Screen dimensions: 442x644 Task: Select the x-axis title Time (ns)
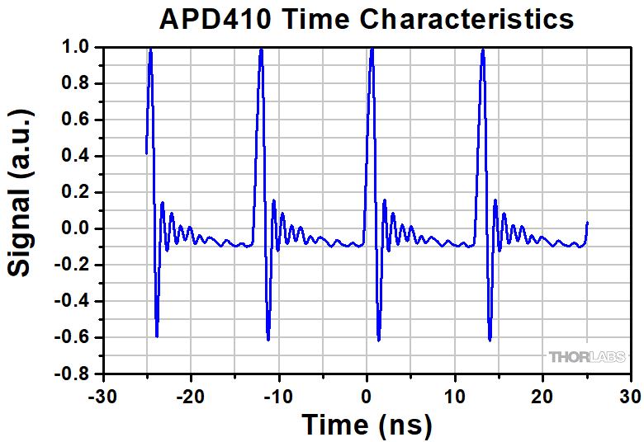click(x=367, y=425)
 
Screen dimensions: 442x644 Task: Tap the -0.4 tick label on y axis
click(x=75, y=302)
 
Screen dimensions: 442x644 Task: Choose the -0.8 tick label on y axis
click(x=75, y=374)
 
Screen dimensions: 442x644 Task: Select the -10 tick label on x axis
click(x=277, y=396)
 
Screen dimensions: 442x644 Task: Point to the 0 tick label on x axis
click(x=367, y=396)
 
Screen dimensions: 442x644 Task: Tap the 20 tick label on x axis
click(x=542, y=396)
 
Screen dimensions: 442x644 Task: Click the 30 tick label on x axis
click(x=631, y=396)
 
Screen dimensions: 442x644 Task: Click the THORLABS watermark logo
click(x=586, y=357)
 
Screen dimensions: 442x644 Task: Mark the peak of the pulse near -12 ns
click(x=261, y=49)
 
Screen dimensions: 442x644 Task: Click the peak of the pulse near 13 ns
click(x=482, y=50)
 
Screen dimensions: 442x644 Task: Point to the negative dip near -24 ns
click(x=157, y=335)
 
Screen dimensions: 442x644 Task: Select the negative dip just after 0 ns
click(x=379, y=339)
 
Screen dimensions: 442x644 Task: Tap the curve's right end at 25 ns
click(x=587, y=223)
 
